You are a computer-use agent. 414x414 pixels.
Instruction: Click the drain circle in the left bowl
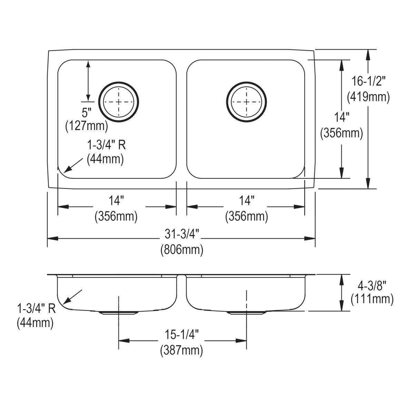point(119,102)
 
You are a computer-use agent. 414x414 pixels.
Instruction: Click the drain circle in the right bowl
point(246,102)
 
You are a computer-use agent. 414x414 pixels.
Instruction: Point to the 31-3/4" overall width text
point(181,235)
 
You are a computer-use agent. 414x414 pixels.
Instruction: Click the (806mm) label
point(181,250)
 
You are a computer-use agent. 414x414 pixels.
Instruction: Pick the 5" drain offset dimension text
point(87,112)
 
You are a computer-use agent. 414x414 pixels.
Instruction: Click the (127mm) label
point(87,126)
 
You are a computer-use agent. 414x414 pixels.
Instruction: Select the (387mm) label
point(181,351)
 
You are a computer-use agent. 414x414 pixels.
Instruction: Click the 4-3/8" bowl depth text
point(372,285)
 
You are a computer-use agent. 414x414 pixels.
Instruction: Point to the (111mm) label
point(372,299)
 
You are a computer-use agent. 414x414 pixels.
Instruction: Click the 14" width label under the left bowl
point(116,200)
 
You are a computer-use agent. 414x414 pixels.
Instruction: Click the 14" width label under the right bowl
point(247,200)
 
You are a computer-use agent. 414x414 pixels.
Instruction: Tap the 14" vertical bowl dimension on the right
point(342,118)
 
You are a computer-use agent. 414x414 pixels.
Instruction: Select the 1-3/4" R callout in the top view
point(106,145)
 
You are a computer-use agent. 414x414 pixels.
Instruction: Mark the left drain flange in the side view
point(119,313)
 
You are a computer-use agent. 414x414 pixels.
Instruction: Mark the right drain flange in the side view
point(246,313)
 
